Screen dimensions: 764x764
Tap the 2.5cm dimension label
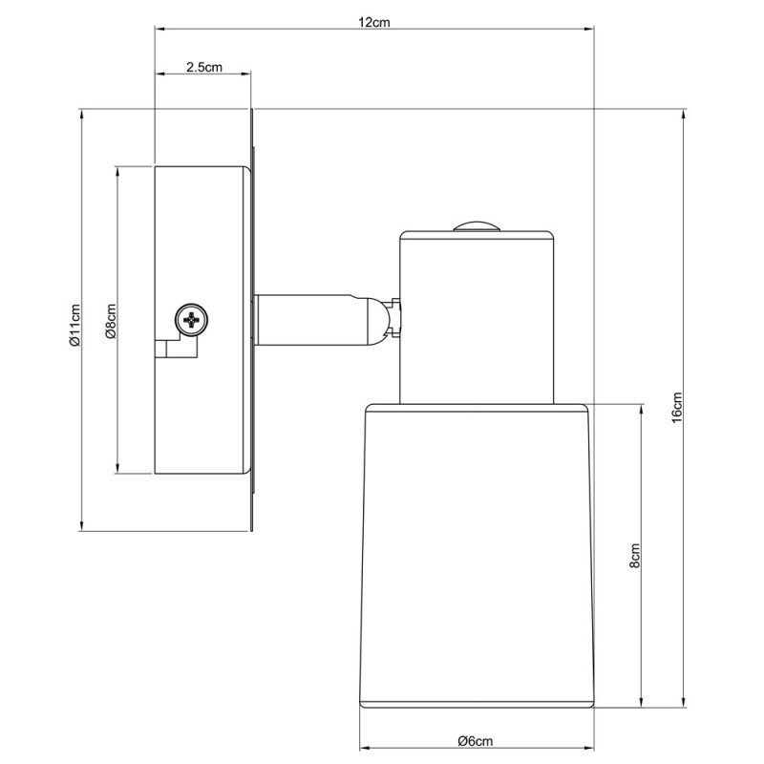pos(204,67)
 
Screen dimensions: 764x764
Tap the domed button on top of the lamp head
pos(475,227)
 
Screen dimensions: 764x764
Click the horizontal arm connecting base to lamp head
pos(310,319)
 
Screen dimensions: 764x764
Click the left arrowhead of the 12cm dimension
pos(159,31)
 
